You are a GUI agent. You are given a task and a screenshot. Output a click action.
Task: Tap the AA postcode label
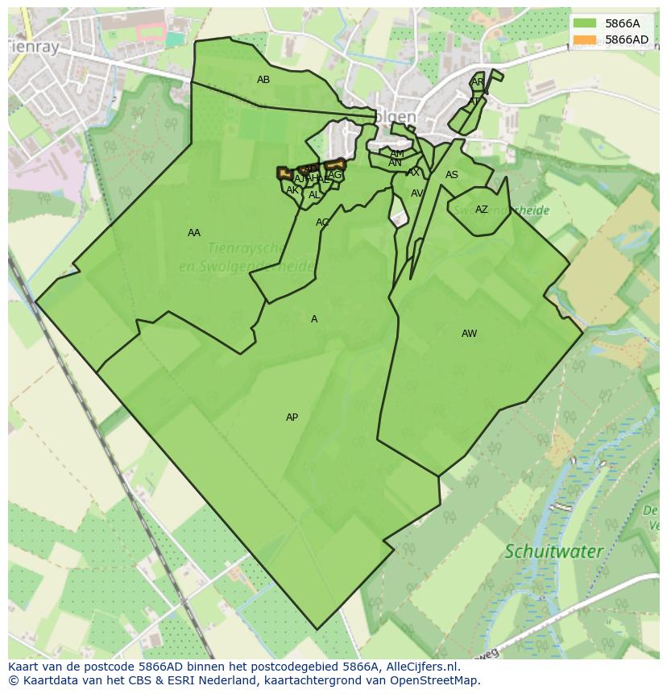coord(194,233)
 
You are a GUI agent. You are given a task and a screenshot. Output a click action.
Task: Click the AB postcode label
coord(263,80)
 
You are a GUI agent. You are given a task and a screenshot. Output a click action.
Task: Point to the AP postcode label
coord(292,418)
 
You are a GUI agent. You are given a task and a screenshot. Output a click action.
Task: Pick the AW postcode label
coord(469,334)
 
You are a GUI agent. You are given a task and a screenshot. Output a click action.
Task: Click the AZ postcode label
coord(481,210)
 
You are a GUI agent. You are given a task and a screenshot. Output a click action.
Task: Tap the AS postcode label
coord(451,175)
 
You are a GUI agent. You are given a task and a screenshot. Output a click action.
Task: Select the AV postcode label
coord(416,193)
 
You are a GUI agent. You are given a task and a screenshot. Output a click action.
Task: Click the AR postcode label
coord(477,82)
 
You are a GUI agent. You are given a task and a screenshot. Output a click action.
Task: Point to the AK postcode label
coord(292,190)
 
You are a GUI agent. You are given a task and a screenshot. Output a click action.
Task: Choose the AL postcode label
coord(314,195)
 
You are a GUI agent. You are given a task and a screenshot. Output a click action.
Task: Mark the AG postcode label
coord(335,175)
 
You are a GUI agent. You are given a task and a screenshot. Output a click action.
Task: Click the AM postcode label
coord(397,153)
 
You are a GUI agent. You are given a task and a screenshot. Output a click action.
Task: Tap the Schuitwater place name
coord(553,552)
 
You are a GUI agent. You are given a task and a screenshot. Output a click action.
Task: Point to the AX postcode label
coord(413,172)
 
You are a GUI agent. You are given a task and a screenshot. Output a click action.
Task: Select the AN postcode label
coord(395,163)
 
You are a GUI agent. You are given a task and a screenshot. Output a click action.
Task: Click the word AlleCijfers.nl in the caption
coord(419,667)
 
